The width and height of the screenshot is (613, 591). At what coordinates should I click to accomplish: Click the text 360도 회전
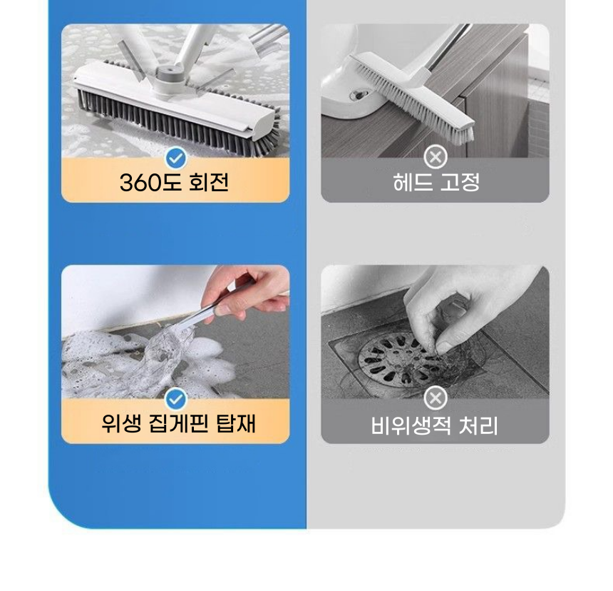[175, 183]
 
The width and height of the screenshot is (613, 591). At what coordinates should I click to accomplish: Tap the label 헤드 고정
[436, 183]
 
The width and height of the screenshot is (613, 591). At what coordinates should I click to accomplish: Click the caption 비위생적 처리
[435, 426]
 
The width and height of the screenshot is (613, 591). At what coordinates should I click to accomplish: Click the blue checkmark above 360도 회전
[175, 158]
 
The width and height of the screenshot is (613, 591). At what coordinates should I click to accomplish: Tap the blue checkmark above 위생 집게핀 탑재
[175, 399]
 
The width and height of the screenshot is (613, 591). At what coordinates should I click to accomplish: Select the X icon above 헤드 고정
[436, 157]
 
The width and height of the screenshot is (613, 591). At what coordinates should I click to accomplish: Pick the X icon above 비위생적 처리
[436, 398]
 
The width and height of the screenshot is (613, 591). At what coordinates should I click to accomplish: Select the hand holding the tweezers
[249, 289]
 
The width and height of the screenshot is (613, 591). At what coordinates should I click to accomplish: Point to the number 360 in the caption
[142, 183]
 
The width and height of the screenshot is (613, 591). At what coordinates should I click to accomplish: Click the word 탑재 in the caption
[235, 424]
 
